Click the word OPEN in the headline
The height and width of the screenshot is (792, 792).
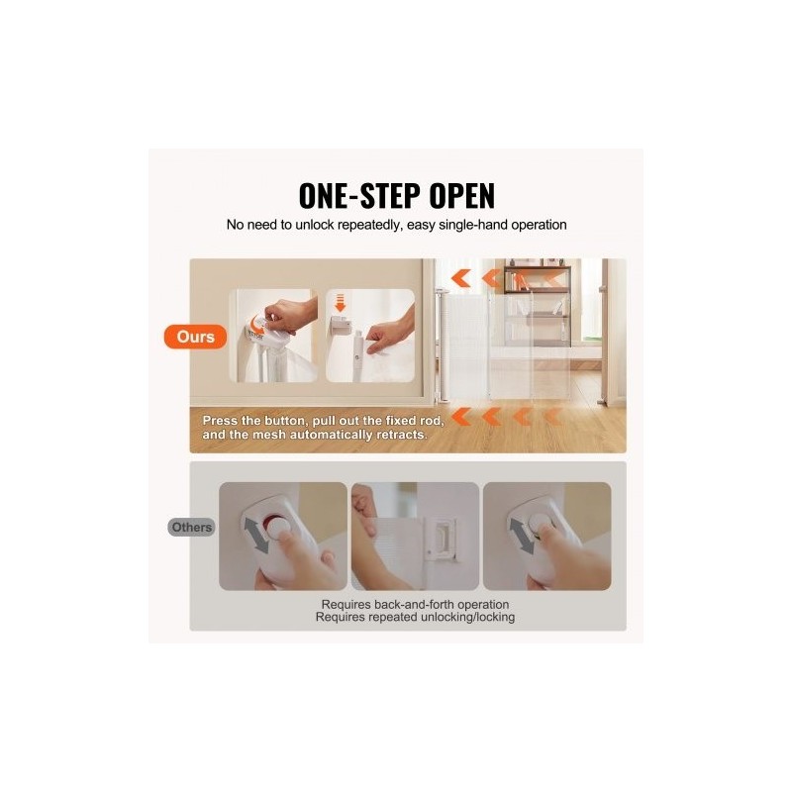pyautogui.click(x=461, y=195)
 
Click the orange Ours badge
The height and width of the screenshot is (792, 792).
pyautogui.click(x=195, y=337)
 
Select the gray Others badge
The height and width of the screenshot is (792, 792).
pyautogui.click(x=191, y=527)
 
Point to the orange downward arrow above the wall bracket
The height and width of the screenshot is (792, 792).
pyautogui.click(x=340, y=303)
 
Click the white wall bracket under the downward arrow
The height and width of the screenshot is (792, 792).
pyautogui.click(x=342, y=326)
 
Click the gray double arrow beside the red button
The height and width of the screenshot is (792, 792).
pyautogui.click(x=256, y=536)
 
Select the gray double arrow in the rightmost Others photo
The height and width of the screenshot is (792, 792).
pyautogui.click(x=522, y=537)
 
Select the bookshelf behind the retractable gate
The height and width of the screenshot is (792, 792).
pyautogui.click(x=538, y=303)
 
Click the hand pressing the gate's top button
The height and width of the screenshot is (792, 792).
pyautogui.click(x=289, y=315)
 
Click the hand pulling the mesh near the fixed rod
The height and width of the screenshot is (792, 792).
pyautogui.click(x=390, y=332)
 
